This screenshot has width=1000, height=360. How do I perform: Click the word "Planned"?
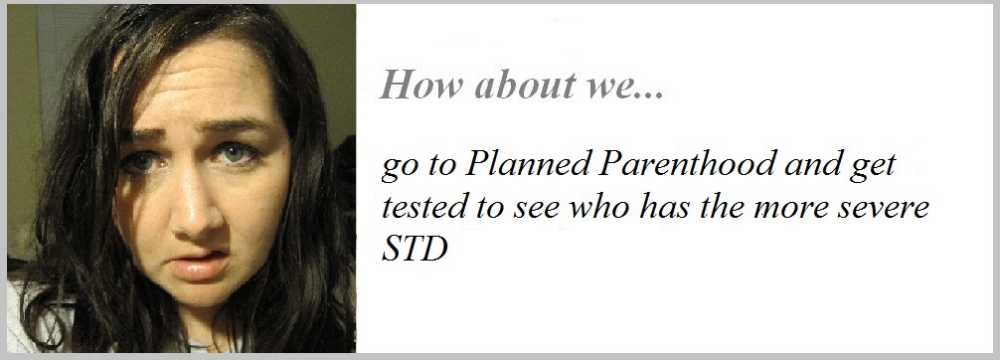(528, 165)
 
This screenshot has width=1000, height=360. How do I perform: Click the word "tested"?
(422, 208)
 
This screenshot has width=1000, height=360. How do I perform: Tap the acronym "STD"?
(414, 251)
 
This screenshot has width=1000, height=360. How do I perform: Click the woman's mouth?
(202, 260)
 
